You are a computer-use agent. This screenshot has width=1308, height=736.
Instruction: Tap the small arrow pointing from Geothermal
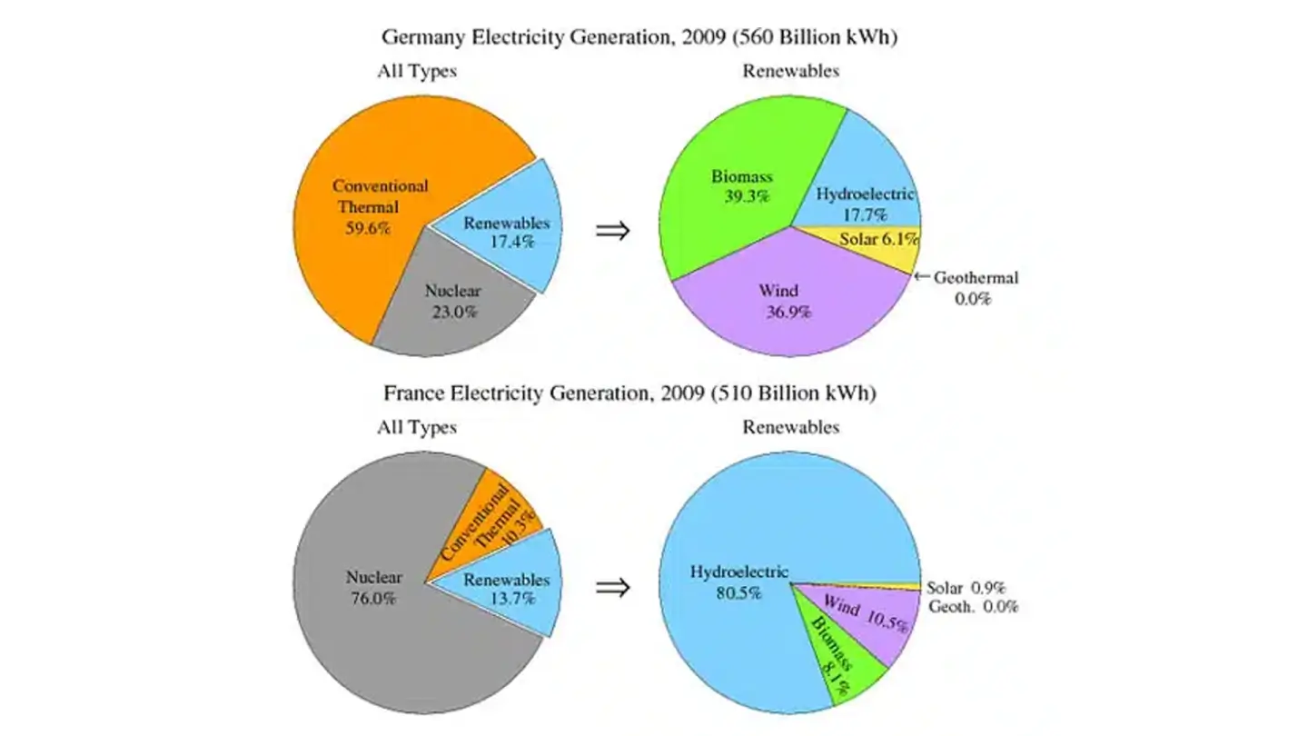point(921,277)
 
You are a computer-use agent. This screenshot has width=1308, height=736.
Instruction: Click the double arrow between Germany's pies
point(612,230)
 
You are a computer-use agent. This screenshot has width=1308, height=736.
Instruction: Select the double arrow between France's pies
point(612,587)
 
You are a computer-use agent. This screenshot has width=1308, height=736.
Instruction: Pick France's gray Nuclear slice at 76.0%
point(363,600)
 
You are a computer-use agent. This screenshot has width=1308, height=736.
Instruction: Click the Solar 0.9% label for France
point(965,588)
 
